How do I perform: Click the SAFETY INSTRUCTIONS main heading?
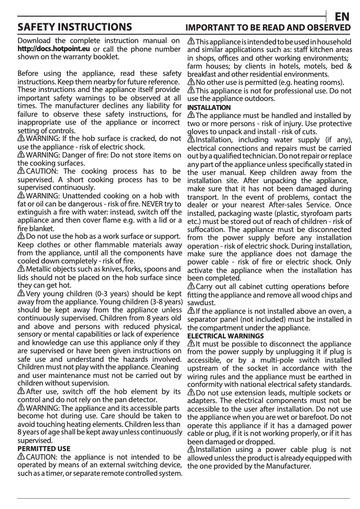pyautogui.click(x=75, y=27)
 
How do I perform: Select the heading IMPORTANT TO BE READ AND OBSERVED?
pyautogui.click(x=268, y=28)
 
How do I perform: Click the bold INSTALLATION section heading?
pyautogui.click(x=209, y=108)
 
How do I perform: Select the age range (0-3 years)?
pyautogui.click(x=97, y=294)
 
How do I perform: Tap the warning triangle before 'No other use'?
pyautogui.click(x=191, y=83)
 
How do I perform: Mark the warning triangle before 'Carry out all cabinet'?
pyautogui.click(x=191, y=286)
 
